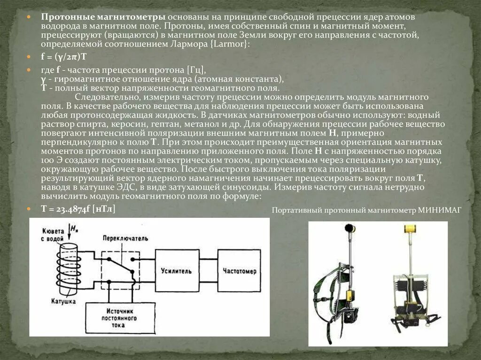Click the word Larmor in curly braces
point(232,44)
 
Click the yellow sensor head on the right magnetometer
point(411,229)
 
